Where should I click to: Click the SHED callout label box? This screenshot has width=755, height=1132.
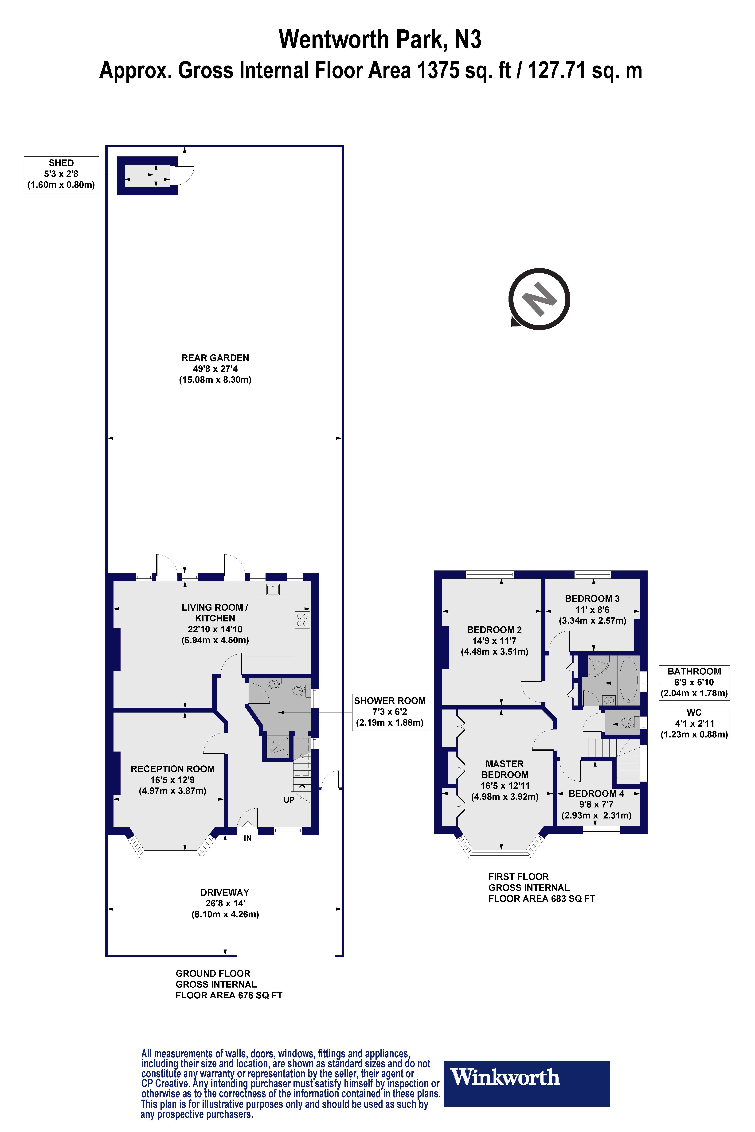click(x=61, y=174)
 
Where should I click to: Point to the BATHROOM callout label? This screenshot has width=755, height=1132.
click(x=694, y=682)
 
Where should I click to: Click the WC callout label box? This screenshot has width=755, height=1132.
click(x=694, y=723)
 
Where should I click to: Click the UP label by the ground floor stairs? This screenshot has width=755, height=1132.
click(x=289, y=800)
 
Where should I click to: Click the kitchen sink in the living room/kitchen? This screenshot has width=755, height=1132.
click(x=273, y=589)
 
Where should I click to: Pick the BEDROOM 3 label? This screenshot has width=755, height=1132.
click(x=592, y=609)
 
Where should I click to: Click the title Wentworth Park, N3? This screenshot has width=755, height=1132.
click(x=380, y=39)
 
